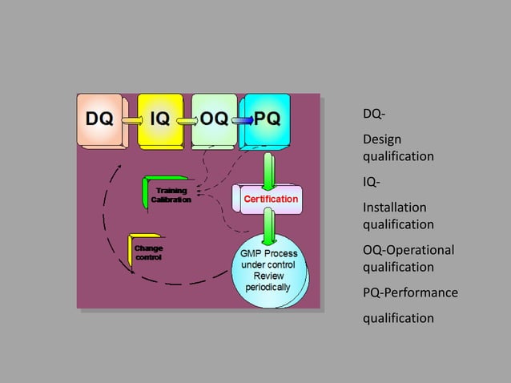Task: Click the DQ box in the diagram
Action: coord(99,119)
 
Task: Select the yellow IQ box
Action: coord(160,119)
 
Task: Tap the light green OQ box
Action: coord(214,119)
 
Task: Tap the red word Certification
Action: coord(271,198)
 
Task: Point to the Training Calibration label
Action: coord(171,195)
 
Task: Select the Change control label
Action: coord(148,252)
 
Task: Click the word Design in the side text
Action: coord(383,139)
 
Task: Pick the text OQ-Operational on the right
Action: coord(408,250)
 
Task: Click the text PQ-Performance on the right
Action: coord(410,292)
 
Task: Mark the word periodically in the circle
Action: coord(268,287)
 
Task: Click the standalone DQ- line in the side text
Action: coord(373,114)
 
